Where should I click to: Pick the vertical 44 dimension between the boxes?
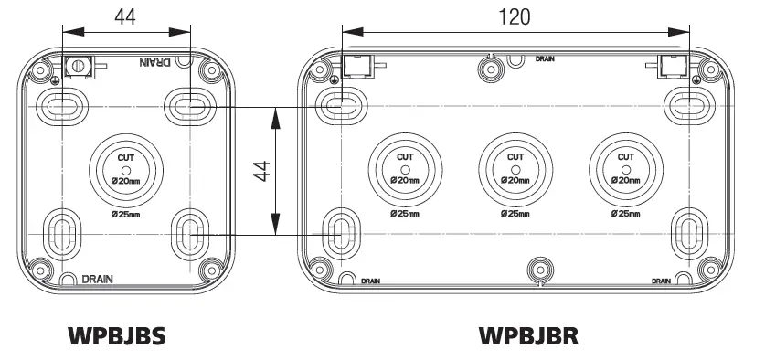[x=261, y=170]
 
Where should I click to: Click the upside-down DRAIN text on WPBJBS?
[x=154, y=63]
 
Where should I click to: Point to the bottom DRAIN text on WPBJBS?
[x=98, y=279]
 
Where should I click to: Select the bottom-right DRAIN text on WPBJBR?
[x=664, y=281]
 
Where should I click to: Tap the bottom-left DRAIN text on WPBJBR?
[x=370, y=281]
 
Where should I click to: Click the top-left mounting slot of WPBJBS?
[x=62, y=107]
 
